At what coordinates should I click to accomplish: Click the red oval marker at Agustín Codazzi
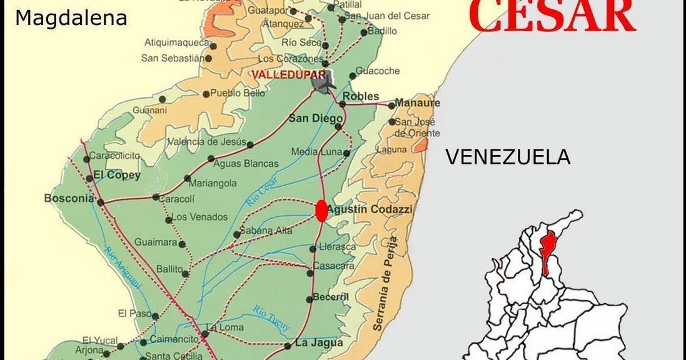click(x=321, y=211)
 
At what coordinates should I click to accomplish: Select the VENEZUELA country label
click(x=507, y=157)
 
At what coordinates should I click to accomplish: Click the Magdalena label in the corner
click(x=71, y=18)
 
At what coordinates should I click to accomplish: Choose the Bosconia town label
click(x=69, y=199)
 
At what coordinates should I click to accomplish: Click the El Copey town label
click(x=117, y=175)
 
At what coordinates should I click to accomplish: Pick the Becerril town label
click(x=330, y=297)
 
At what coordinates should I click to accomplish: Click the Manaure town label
click(x=418, y=103)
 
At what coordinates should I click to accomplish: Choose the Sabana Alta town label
click(x=267, y=231)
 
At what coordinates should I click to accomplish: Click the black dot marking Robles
click(x=343, y=104)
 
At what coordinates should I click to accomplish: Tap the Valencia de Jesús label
click(x=206, y=142)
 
